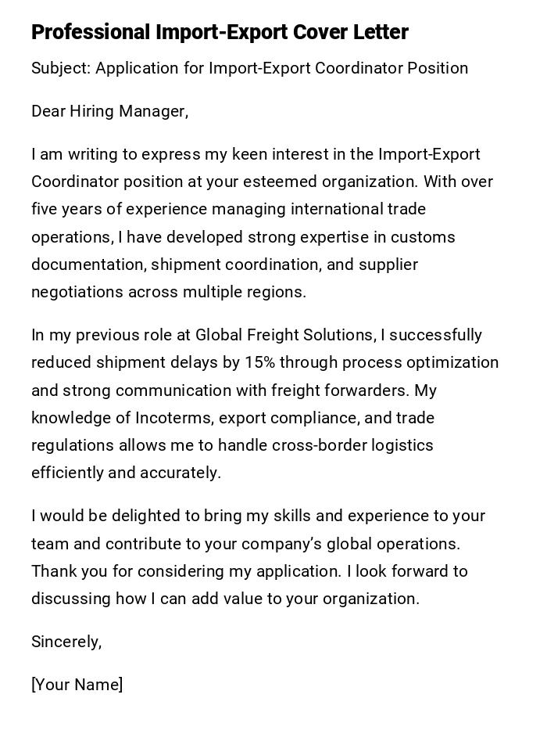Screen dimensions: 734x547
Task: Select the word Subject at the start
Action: pyautogui.click(x=61, y=68)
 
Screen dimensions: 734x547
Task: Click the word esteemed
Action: pyautogui.click(x=284, y=182)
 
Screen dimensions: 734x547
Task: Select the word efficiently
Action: pyautogui.click(x=68, y=473)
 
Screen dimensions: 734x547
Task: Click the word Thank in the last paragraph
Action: pyautogui.click(x=53, y=571)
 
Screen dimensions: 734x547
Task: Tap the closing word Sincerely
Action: pyautogui.click(x=66, y=642)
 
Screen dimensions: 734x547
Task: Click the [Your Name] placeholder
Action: pyautogui.click(x=77, y=685)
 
